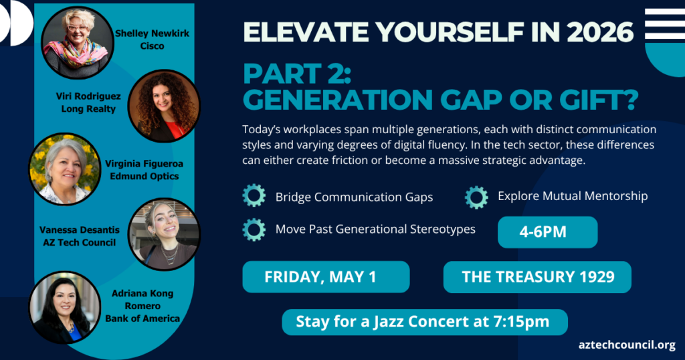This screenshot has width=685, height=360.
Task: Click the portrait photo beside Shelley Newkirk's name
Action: (x=78, y=42)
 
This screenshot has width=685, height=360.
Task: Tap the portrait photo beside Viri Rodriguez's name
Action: (x=165, y=106)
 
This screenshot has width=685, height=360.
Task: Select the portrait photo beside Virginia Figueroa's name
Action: (x=65, y=169)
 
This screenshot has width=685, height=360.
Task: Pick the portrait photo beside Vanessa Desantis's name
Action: (x=165, y=235)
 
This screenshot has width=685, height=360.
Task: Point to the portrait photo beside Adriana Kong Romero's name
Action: (x=65, y=308)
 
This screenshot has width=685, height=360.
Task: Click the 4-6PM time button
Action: (x=547, y=232)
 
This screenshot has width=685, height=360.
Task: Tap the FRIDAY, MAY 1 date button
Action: (x=326, y=277)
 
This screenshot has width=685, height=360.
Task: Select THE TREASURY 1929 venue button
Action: (x=537, y=277)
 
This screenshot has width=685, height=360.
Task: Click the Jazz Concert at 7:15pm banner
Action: (x=425, y=322)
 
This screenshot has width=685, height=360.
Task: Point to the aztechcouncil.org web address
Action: (x=627, y=345)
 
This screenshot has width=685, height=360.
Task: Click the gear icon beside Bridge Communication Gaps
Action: (x=254, y=195)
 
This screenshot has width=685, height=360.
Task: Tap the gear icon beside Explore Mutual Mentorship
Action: (x=476, y=197)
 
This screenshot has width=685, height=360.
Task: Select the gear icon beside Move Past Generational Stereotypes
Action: (x=254, y=230)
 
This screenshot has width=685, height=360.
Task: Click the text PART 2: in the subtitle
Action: (x=297, y=74)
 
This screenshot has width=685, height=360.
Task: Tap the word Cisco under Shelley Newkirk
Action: (x=152, y=46)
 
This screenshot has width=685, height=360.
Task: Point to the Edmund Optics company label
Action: (x=144, y=176)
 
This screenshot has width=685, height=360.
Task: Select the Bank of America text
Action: (x=142, y=319)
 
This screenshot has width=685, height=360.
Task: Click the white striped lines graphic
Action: (x=665, y=25)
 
